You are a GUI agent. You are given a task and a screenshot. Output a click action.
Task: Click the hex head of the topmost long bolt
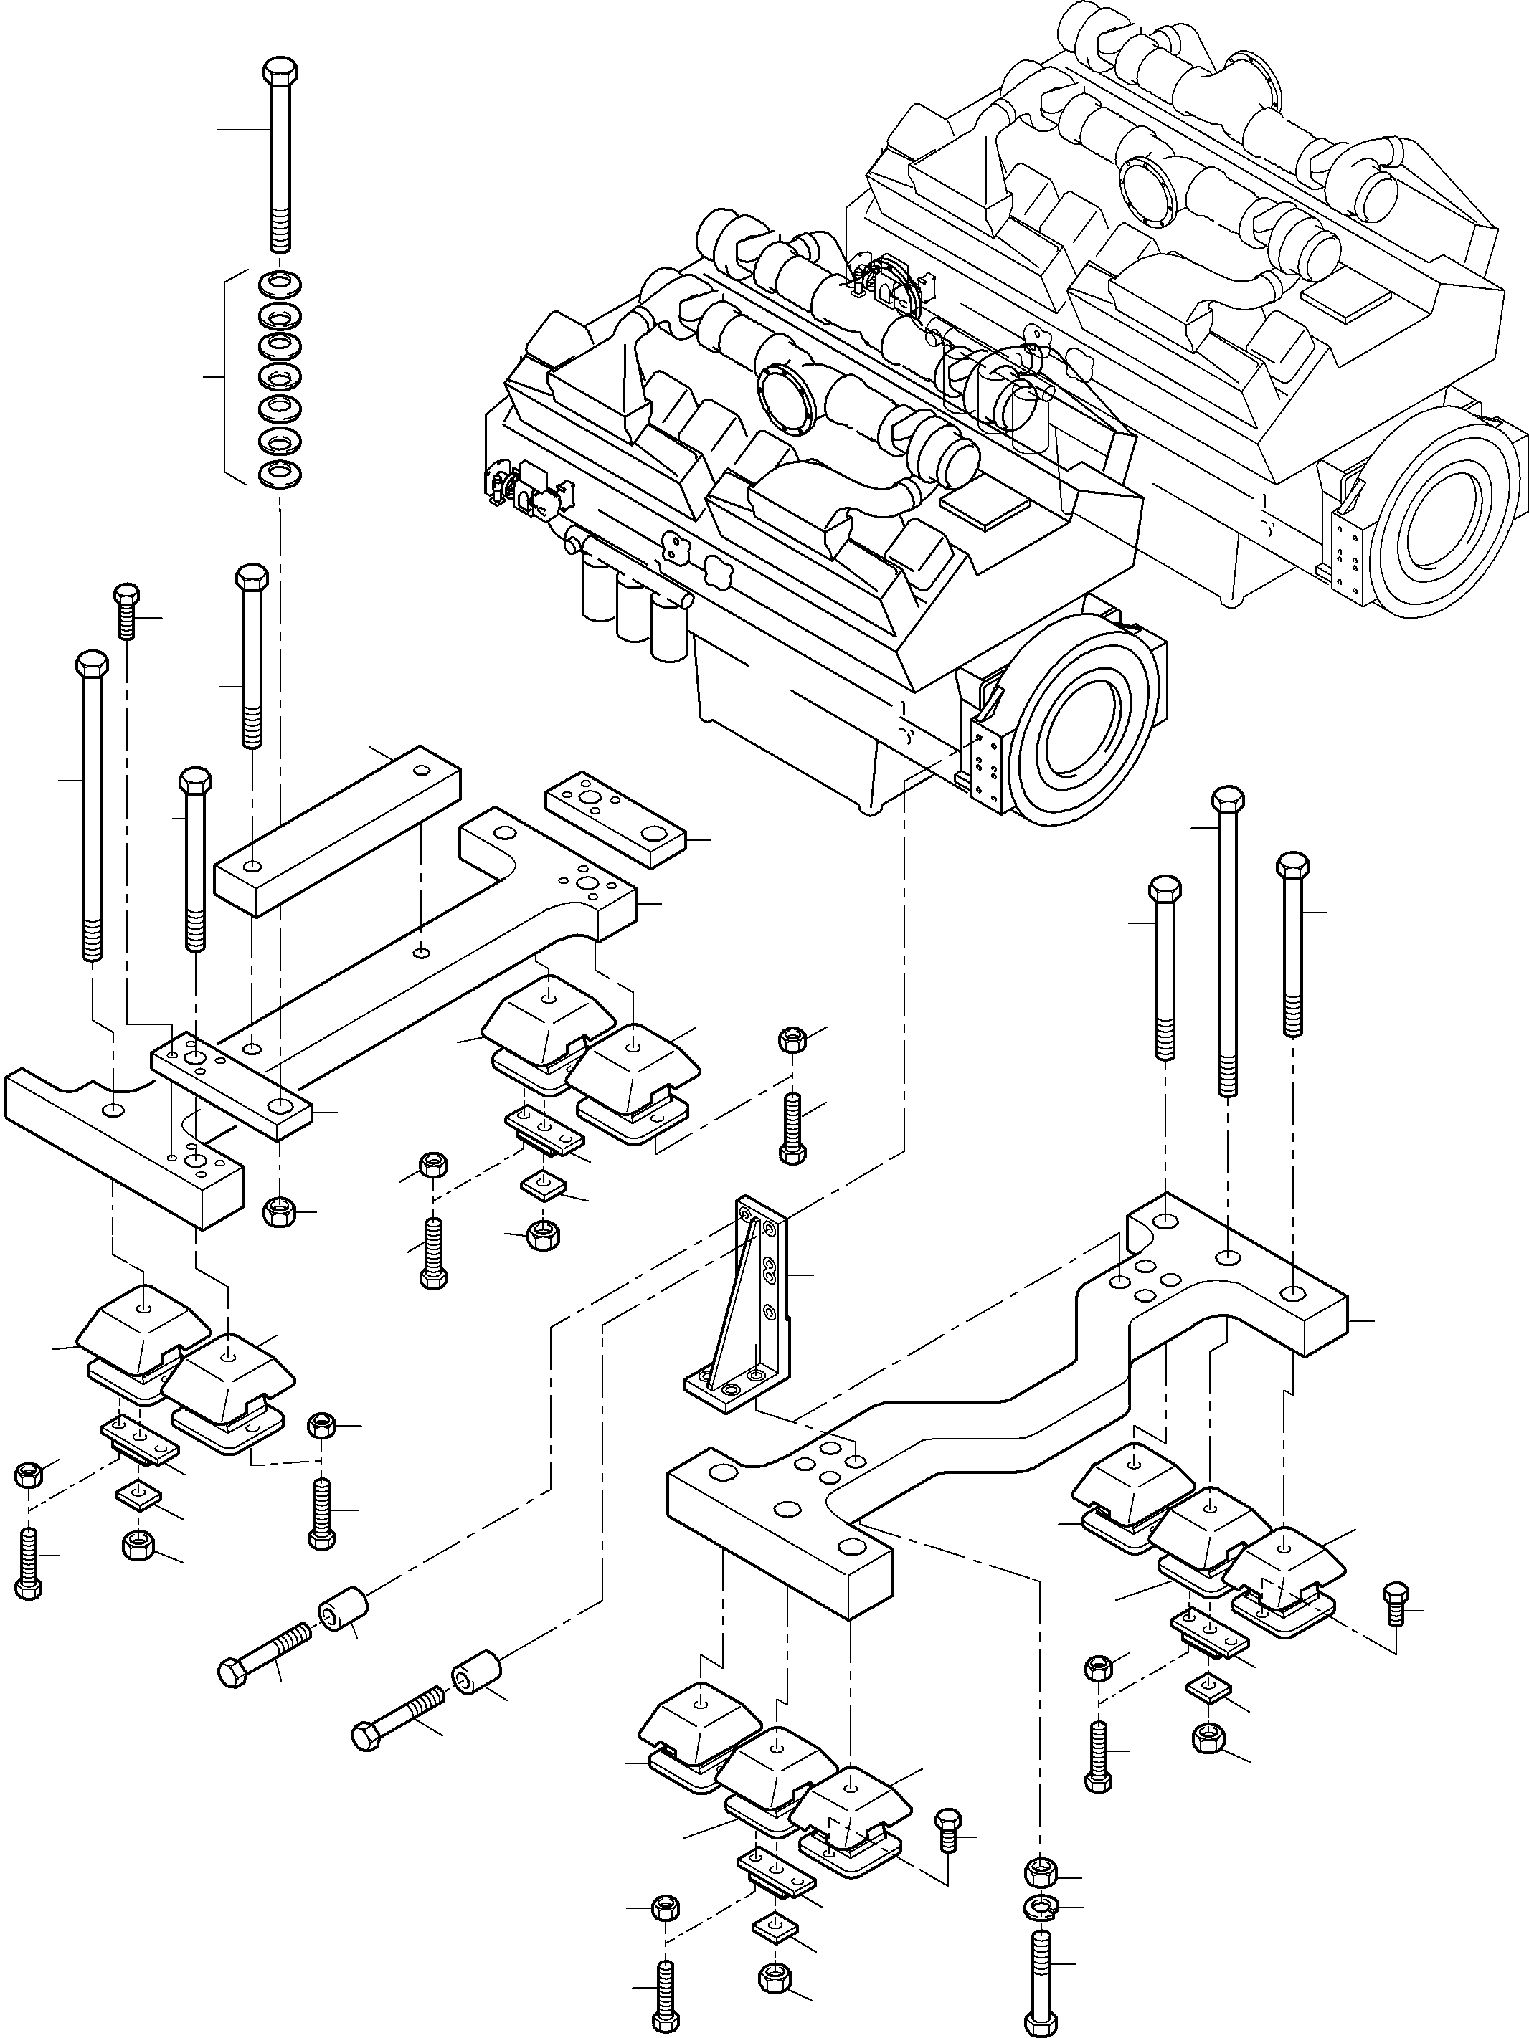[279, 71]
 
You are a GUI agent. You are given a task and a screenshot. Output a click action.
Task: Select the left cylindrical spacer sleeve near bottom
[344, 1611]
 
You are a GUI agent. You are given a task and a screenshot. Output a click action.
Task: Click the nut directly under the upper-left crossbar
[278, 1211]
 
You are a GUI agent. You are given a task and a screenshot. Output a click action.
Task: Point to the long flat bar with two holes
[337, 829]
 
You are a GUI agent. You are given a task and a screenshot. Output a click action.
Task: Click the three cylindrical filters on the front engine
[636, 613]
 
